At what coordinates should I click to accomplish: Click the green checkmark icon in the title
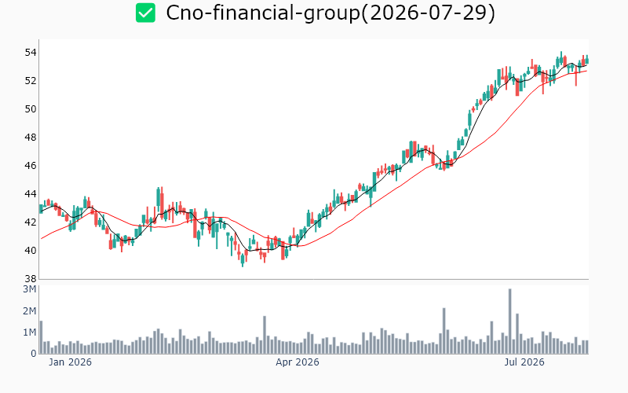click(145, 13)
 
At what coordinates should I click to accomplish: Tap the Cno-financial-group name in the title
click(263, 13)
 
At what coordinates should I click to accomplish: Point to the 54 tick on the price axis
click(31, 53)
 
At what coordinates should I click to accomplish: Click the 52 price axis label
click(31, 81)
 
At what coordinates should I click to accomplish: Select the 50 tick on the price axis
click(31, 109)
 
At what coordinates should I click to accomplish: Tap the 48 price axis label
click(31, 138)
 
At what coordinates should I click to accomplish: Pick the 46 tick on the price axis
click(31, 166)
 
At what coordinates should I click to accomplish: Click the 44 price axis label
click(31, 194)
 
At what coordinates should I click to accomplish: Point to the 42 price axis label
click(31, 222)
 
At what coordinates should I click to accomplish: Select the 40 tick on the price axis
click(31, 251)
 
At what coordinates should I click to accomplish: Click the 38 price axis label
click(31, 279)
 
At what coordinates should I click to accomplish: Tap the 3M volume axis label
click(29, 289)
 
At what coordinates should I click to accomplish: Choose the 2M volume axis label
click(29, 310)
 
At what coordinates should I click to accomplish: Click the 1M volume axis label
click(29, 332)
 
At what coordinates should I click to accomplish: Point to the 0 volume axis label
click(34, 354)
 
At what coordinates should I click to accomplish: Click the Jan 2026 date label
click(70, 362)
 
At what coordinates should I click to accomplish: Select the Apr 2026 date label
click(298, 362)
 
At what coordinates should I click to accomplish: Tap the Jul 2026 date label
click(524, 362)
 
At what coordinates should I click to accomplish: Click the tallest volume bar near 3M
click(509, 321)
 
